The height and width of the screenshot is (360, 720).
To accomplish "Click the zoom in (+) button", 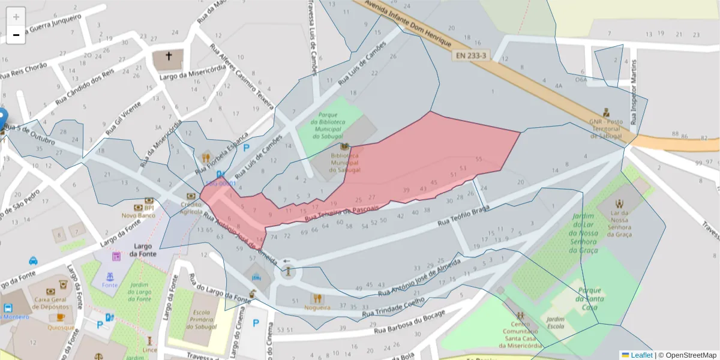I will (16, 16).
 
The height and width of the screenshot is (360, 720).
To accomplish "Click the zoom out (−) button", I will (16, 35).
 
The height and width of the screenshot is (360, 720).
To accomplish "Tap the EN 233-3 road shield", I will (471, 55).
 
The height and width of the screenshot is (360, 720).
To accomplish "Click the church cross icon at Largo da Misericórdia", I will (169, 57).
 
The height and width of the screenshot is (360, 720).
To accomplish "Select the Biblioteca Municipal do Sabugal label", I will (345, 162).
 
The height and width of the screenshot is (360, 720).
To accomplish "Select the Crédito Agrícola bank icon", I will (191, 196).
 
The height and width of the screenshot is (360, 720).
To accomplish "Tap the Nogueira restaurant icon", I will (317, 298).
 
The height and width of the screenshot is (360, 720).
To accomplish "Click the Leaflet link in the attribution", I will (641, 355).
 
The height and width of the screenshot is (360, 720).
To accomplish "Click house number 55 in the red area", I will (478, 159).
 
